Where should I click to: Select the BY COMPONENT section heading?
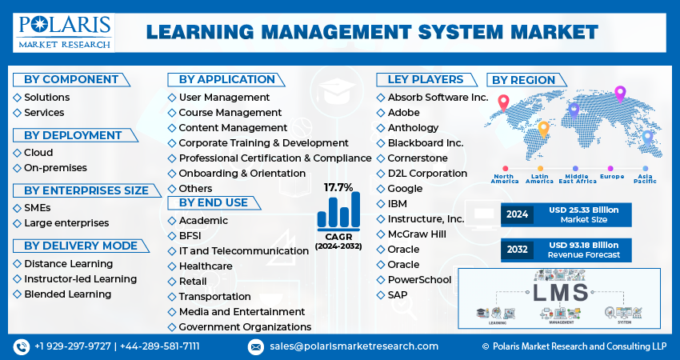(x=70, y=79)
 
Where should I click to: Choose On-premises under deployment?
(x=54, y=168)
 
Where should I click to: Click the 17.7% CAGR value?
(x=338, y=187)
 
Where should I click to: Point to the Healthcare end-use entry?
(x=205, y=266)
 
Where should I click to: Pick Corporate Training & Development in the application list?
(x=252, y=143)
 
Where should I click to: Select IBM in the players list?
(x=397, y=204)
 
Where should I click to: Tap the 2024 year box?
(x=517, y=214)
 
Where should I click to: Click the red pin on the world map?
(x=503, y=102)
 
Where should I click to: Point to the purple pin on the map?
(x=619, y=93)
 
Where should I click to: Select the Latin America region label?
(x=539, y=178)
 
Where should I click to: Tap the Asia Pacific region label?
(x=646, y=178)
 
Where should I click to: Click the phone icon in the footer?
(x=21, y=346)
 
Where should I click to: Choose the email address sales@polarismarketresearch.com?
(x=353, y=346)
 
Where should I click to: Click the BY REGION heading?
(x=523, y=80)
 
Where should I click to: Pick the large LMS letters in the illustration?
(x=559, y=292)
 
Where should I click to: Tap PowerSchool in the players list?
(x=419, y=280)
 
